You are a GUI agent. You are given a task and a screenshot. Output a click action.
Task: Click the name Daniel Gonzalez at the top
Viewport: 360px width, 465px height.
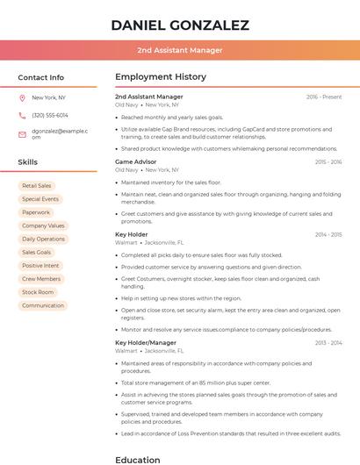tap(180, 25)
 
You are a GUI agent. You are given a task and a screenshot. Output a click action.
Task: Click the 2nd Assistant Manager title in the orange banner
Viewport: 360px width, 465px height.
tap(180, 50)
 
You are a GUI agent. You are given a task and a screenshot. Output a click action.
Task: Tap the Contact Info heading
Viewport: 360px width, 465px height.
tap(40, 77)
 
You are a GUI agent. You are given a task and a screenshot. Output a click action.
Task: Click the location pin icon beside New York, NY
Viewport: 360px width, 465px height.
tap(22, 98)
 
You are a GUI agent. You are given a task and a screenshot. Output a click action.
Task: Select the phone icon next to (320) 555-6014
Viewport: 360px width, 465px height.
tap(22, 115)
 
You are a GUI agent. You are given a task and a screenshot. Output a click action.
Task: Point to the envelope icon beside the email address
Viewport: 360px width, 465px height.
tap(22, 134)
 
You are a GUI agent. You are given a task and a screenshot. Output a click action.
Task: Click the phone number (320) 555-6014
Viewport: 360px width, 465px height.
tap(50, 115)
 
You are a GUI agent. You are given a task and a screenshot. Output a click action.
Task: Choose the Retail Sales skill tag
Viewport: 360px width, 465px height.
tap(37, 186)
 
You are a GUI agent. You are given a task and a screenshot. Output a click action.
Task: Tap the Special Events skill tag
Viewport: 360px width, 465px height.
tap(40, 199)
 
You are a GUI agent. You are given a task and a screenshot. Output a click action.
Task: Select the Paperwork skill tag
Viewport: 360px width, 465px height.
tap(36, 212)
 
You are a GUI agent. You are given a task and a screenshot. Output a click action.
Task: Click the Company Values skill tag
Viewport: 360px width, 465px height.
tap(43, 225)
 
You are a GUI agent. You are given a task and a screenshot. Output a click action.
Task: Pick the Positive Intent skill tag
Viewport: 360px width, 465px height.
tap(40, 266)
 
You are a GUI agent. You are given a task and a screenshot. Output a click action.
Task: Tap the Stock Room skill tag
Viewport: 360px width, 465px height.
tap(38, 292)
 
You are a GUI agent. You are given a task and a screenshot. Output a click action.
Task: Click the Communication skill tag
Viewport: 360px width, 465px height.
tap(43, 305)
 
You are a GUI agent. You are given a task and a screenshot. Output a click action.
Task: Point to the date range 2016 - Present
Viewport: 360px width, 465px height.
tap(324, 97)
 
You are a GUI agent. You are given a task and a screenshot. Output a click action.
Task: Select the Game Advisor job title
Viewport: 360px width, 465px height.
tap(135, 162)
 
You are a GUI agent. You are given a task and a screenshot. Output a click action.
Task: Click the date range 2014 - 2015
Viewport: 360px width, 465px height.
tap(328, 234)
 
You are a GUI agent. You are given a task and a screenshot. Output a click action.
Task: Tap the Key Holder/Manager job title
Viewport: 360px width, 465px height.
tap(146, 342)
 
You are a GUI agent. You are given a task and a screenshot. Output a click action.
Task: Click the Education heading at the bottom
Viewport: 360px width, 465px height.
tap(138, 459)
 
